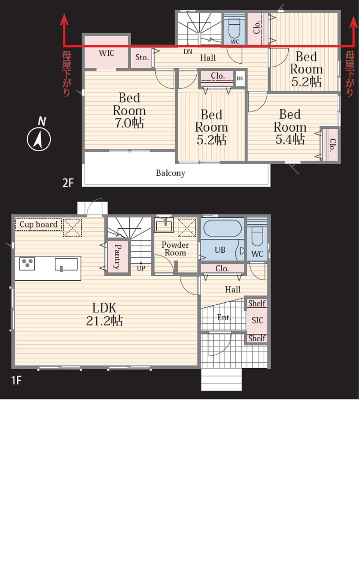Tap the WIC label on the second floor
[x=107, y=53]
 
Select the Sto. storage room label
[x=142, y=57]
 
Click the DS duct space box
[x=240, y=78]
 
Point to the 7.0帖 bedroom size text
[x=129, y=123]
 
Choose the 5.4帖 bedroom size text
[x=290, y=139]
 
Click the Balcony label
[x=170, y=173]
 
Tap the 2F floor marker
[x=68, y=183]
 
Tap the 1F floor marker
[x=16, y=380]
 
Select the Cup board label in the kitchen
[x=38, y=224]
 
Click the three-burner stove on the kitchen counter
[x=27, y=264]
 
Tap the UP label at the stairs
[x=141, y=268]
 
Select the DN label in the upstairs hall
[x=188, y=51]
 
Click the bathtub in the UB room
[x=222, y=228]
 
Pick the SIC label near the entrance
[x=257, y=320]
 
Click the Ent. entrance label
[x=224, y=318]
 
